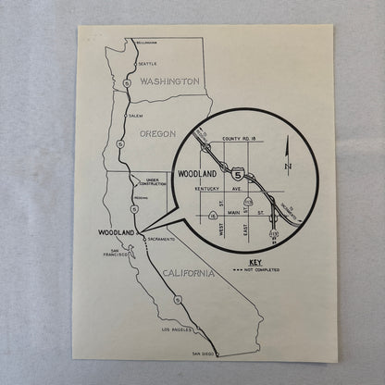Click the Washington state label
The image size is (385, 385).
click(x=168, y=81)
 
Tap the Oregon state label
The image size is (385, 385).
click(x=156, y=133)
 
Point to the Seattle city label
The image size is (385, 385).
click(x=147, y=63)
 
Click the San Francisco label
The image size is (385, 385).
click(x=121, y=254)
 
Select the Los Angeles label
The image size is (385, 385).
click(x=176, y=329)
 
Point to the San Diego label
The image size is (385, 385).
click(x=203, y=354)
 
